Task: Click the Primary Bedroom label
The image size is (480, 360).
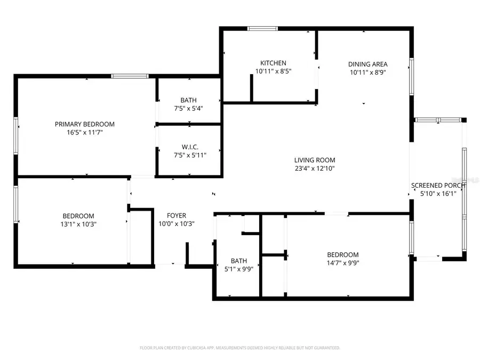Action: tap(84, 124)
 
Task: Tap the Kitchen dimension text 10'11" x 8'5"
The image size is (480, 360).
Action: tap(273, 70)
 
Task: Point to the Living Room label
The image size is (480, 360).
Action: tap(315, 160)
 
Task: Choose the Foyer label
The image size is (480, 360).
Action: tap(177, 215)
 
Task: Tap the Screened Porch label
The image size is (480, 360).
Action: tap(437, 186)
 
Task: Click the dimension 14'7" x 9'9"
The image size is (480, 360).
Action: tap(342, 263)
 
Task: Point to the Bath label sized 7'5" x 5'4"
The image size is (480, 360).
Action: tap(188, 100)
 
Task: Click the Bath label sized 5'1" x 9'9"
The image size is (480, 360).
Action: tap(239, 261)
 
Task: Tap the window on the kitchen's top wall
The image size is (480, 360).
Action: tap(262, 29)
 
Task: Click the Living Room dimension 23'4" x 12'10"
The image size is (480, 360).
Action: tap(315, 169)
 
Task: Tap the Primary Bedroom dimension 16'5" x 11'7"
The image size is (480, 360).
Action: tap(84, 132)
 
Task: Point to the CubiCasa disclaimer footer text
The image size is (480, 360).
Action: tap(240, 348)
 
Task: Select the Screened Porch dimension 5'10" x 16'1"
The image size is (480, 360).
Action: tap(437, 194)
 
